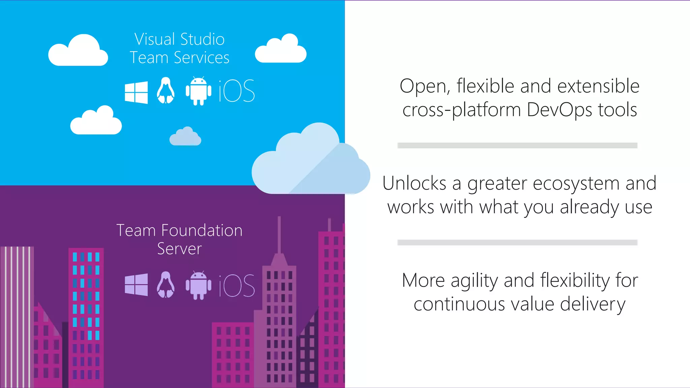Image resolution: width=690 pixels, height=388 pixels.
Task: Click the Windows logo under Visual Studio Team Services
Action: pos(136,92)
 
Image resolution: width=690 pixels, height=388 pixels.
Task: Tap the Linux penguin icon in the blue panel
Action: pos(165,91)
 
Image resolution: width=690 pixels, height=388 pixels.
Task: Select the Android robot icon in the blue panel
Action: pos(198,91)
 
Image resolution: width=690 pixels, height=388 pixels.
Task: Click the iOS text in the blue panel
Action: pos(237,91)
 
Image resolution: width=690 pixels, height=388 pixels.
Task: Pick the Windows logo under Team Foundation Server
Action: pos(136,285)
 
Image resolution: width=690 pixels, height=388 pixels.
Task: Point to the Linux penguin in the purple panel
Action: pos(165,285)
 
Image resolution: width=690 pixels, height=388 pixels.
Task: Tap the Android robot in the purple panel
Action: pos(198,285)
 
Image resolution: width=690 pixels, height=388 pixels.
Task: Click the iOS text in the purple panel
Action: pos(237,285)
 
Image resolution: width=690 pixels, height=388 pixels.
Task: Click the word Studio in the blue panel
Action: pos(202,39)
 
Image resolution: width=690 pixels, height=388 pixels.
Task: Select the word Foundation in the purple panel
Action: pos(202,231)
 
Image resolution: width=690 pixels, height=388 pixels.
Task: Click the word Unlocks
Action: pos(414,184)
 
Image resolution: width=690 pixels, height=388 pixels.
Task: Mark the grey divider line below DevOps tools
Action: pos(517,145)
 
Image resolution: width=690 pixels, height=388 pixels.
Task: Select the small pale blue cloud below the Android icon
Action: pos(185,137)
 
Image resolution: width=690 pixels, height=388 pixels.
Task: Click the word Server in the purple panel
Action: pos(179,249)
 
